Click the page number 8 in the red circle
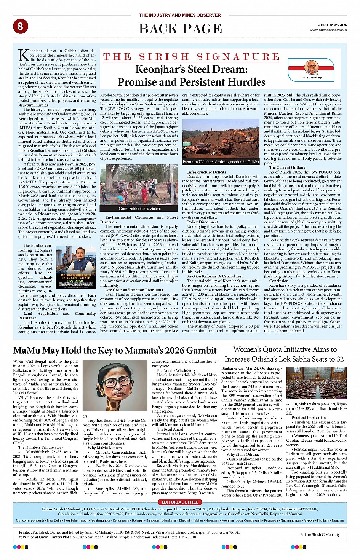tap(20, 26)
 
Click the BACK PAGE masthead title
tap(180, 29)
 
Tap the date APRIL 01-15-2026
tap(332, 25)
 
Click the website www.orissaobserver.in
tap(328, 30)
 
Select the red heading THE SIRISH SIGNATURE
tap(192, 57)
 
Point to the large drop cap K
tap(23, 56)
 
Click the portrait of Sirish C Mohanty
tap(311, 68)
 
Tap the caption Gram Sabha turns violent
tap(139, 208)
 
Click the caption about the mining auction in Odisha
tap(221, 162)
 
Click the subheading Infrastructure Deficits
tap(206, 172)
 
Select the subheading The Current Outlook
tap(287, 167)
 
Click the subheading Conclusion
tap(279, 281)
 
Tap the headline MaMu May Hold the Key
tap(115, 351)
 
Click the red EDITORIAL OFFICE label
tap(180, 502)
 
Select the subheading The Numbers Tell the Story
tap(41, 447)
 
